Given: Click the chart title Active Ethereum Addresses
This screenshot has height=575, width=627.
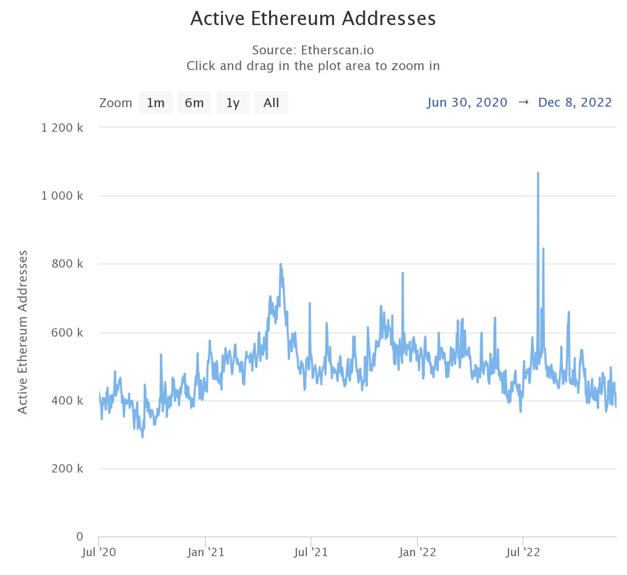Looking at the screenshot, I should click(x=313, y=19).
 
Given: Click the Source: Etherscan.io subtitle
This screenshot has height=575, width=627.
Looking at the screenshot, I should click(x=313, y=50).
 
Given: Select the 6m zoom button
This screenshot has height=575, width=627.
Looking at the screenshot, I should click(x=194, y=102).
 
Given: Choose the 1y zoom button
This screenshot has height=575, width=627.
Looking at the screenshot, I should click(x=233, y=102).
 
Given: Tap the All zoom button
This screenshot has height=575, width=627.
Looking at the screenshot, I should click(x=271, y=102).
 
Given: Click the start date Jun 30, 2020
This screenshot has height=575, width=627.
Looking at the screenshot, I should click(x=467, y=102).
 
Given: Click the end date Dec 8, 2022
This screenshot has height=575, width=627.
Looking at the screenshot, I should click(x=575, y=102).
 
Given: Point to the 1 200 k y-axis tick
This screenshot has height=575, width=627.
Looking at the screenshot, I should click(x=62, y=128).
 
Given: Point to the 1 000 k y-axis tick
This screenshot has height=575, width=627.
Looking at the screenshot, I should click(x=62, y=196).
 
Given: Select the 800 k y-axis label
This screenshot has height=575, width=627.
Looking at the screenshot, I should click(x=67, y=264).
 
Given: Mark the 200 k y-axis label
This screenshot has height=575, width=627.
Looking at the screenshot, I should click(x=67, y=469).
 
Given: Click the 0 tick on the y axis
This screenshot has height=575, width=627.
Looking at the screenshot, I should click(x=79, y=537).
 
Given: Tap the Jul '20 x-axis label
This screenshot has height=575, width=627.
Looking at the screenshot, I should click(x=99, y=553).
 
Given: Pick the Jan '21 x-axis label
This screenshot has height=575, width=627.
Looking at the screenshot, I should click(x=206, y=553).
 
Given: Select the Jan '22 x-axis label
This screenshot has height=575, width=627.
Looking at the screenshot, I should click(x=417, y=553).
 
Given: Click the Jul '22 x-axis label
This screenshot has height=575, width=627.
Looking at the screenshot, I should click(x=523, y=553).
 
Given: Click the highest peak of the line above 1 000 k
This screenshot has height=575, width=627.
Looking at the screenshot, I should click(x=538, y=173).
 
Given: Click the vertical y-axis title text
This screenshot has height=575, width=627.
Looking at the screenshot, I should click(x=22, y=332).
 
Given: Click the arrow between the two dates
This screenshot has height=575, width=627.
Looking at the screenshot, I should click(x=523, y=102).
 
